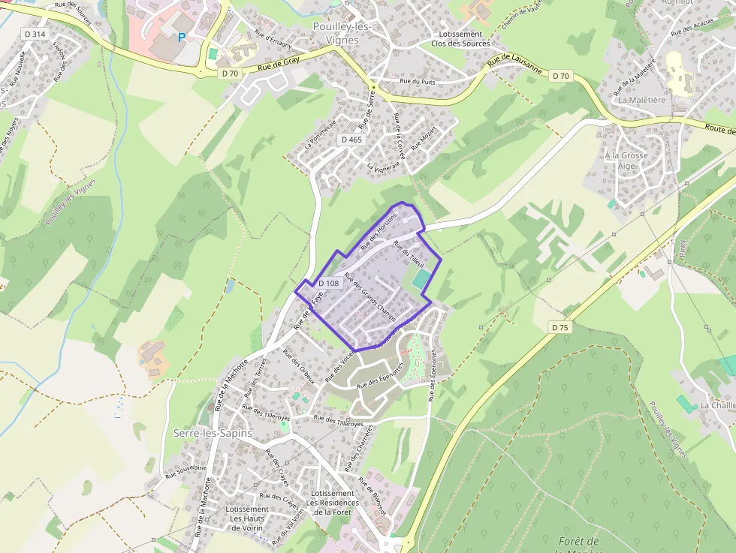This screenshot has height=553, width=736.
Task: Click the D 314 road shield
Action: coord(35,34)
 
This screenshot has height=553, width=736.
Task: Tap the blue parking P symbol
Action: coord(181,36)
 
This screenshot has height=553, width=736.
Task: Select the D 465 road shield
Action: coord(351,140)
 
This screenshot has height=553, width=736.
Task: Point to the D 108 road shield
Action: coord(328,283)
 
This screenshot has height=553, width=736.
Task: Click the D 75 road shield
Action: coord(560,327)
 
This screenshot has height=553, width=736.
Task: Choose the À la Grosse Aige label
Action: coord(626,161)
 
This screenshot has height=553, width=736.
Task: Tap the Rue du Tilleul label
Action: coord(410,257)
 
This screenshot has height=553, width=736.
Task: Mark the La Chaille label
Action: coord(717,405)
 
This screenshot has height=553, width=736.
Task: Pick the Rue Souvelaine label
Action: coord(186,469)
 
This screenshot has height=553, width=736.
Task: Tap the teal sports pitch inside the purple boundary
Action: coord(421,281)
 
